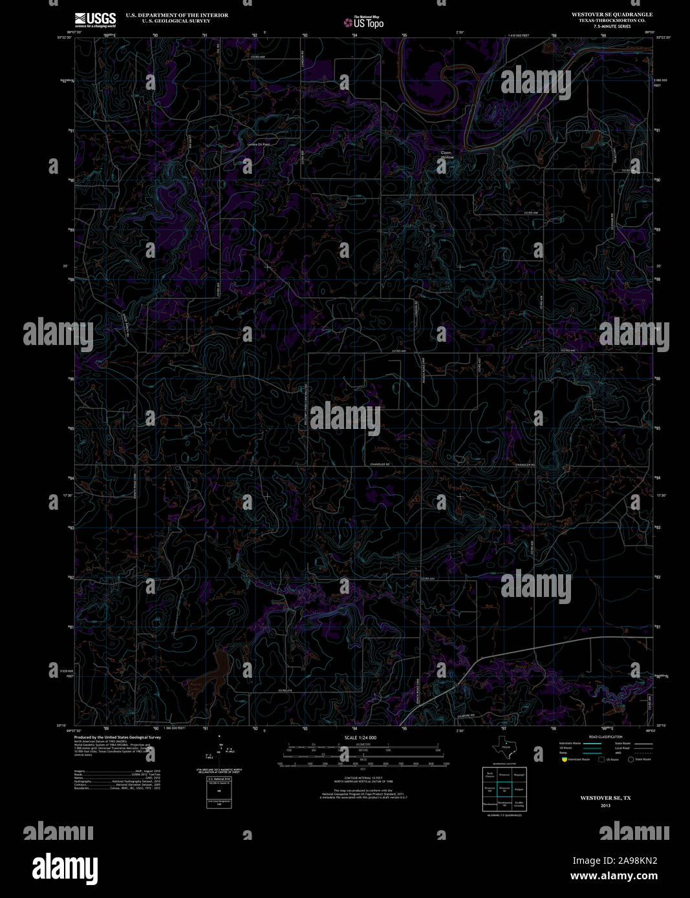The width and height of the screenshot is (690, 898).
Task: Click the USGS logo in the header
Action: (x=95, y=19)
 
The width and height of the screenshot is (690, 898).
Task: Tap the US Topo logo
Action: (x=363, y=23)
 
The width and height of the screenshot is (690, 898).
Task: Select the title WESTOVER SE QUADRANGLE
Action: (x=612, y=14)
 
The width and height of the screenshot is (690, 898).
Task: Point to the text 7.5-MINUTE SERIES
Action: (x=612, y=26)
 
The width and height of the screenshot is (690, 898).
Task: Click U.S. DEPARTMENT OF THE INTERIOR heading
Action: (x=177, y=15)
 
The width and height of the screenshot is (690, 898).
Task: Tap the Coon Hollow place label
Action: (x=447, y=155)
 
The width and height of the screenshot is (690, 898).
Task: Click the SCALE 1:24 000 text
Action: (x=360, y=737)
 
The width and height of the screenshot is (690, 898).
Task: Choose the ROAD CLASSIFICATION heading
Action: (x=606, y=736)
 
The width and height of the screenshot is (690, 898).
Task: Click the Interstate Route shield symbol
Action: (x=564, y=759)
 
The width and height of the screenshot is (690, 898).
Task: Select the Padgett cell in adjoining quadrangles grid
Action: (x=519, y=789)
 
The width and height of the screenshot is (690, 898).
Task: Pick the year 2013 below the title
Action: (x=605, y=806)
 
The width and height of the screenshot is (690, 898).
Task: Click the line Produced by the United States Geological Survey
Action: (x=118, y=737)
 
